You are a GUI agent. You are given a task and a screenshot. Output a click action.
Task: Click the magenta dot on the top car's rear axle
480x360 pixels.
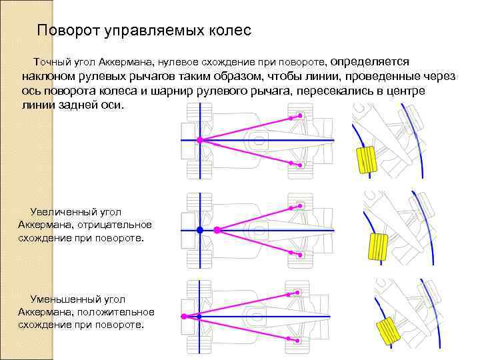coord(199,140)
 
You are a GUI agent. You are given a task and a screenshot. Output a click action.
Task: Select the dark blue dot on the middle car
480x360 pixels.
coord(199,230)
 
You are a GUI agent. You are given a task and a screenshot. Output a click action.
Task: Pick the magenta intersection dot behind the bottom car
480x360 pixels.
coord(183,316)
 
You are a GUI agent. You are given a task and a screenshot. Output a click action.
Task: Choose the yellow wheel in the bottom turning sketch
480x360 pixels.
coord(386,331)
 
